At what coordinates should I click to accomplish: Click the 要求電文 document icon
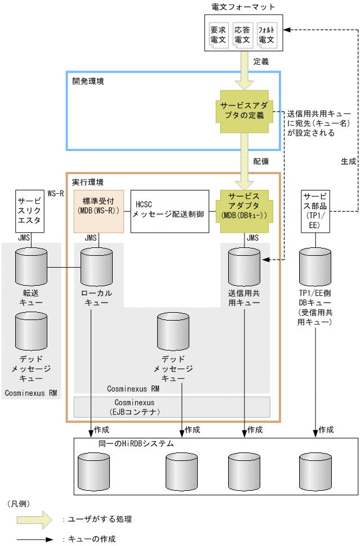(217, 35)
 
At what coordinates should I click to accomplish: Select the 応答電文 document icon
(242, 35)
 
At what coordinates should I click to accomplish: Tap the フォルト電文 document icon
(266, 35)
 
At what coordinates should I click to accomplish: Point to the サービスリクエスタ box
(29, 211)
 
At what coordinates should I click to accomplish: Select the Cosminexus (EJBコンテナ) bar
(172, 407)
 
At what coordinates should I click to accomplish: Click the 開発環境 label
(88, 81)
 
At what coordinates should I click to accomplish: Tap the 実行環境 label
(88, 183)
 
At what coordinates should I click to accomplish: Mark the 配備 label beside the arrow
(261, 161)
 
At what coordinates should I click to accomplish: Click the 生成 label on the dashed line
(348, 161)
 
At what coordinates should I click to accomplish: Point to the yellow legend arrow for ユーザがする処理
(34, 519)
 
